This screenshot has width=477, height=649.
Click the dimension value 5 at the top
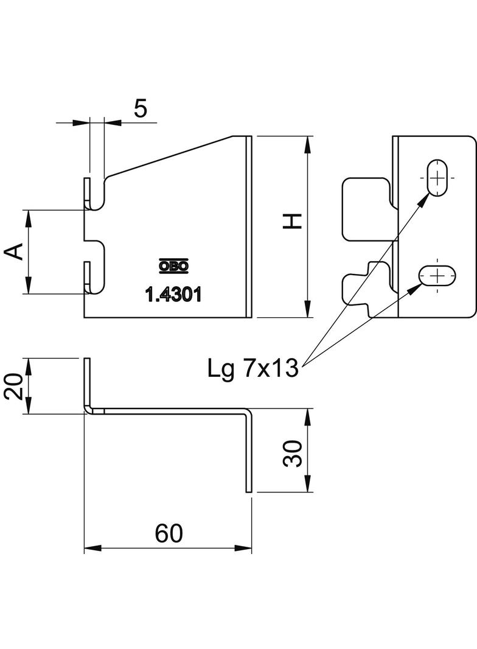(x=141, y=109)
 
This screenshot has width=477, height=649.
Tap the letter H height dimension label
(x=293, y=222)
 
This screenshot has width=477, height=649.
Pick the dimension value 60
(x=169, y=534)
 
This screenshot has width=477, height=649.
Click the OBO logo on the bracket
(x=173, y=265)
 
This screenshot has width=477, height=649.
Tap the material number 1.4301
(x=173, y=295)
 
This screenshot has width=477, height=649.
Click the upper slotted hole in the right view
(x=437, y=178)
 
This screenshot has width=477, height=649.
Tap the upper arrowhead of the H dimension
(x=308, y=142)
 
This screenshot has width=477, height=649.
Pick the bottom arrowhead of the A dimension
(x=28, y=287)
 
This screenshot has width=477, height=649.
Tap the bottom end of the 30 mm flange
(x=248, y=489)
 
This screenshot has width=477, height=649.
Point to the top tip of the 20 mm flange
(x=87, y=360)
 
